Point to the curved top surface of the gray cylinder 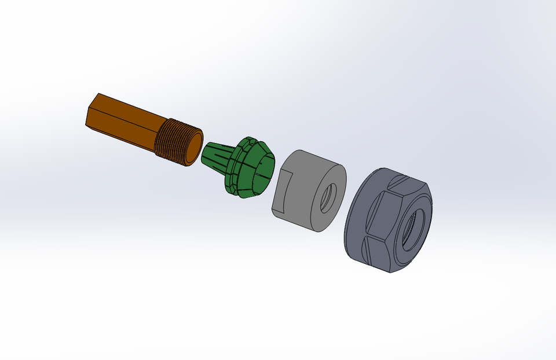click(313, 162)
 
